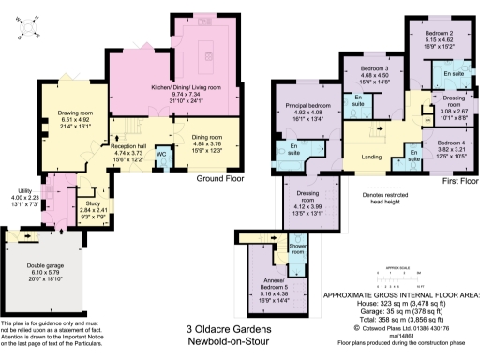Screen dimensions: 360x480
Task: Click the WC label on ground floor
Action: (160, 153)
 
